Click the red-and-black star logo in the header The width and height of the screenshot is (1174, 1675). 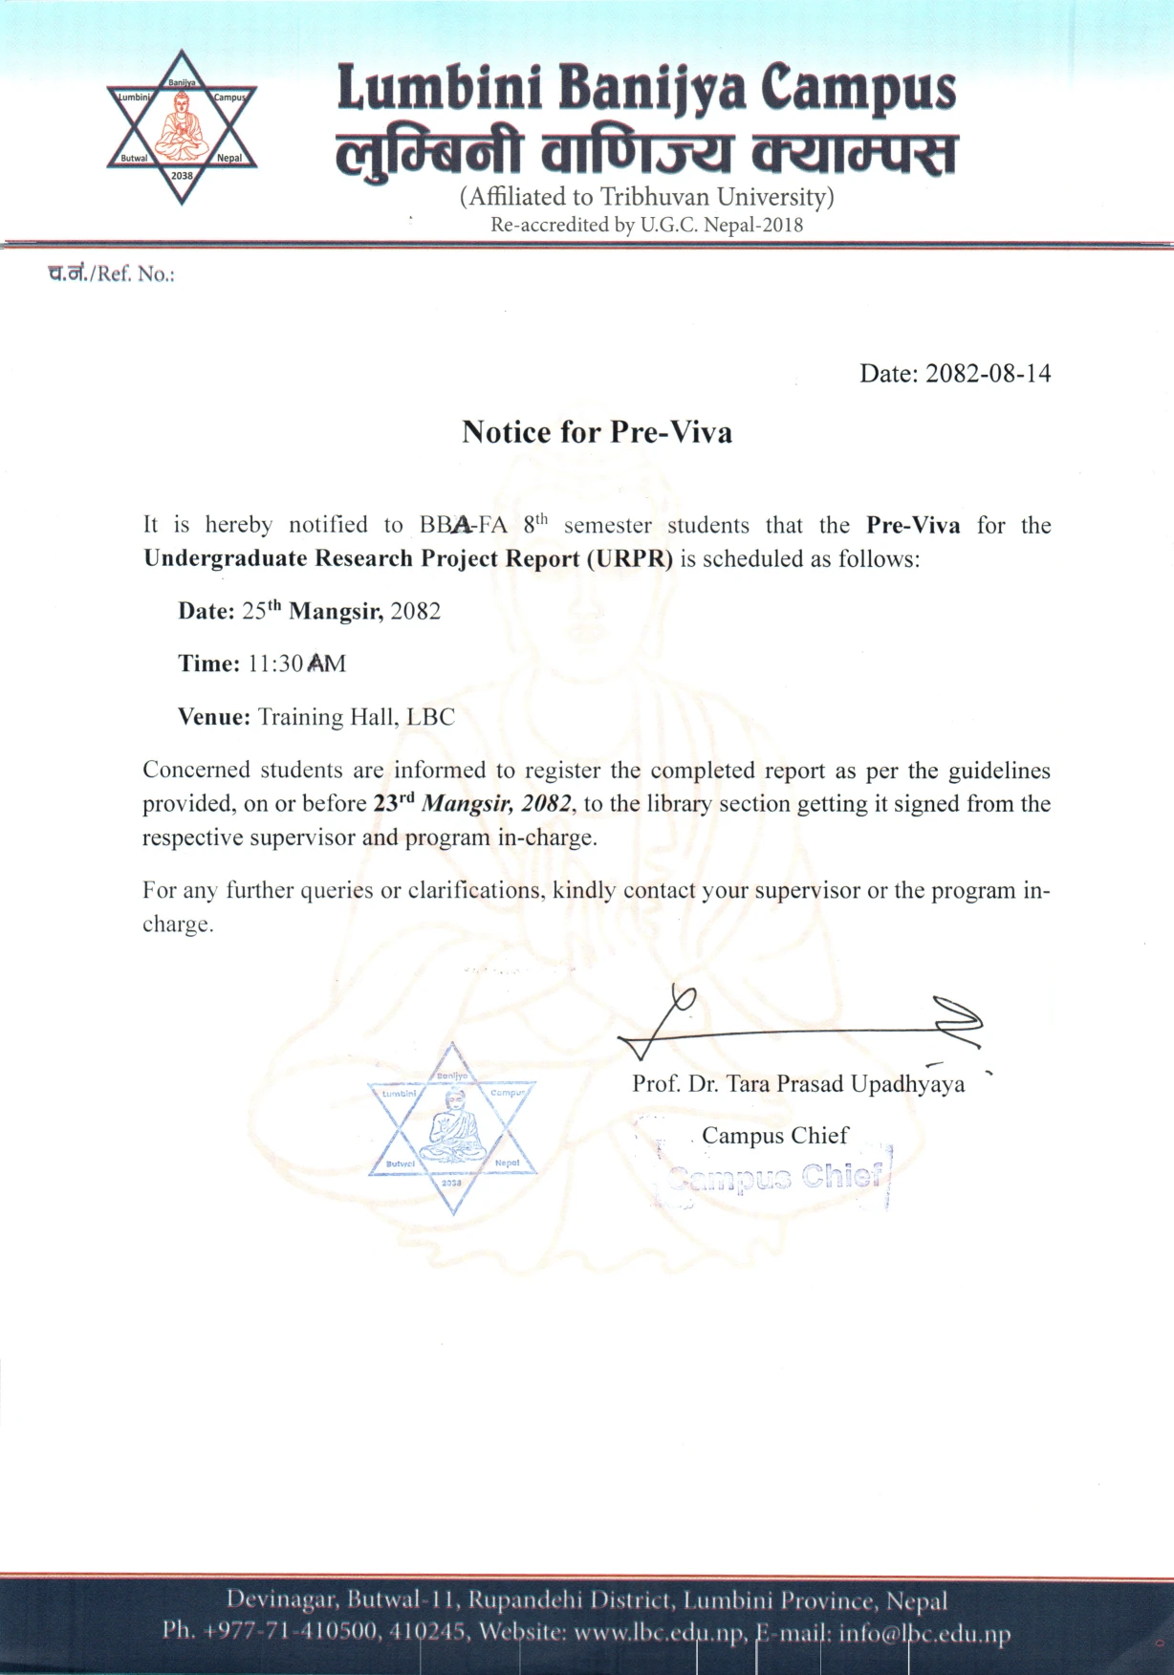pyautogui.click(x=182, y=127)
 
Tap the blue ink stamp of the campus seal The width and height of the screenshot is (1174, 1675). pyautogui.click(x=452, y=1129)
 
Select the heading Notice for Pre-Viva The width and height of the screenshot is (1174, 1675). pyautogui.click(x=597, y=432)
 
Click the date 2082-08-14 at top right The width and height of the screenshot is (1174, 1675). pyautogui.click(x=988, y=373)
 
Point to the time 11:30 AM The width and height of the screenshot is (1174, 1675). pyautogui.click(x=296, y=663)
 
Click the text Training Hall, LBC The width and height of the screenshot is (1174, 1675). pyautogui.click(x=357, y=717)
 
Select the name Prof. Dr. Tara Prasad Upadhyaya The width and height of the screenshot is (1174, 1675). pyautogui.click(x=798, y=1084)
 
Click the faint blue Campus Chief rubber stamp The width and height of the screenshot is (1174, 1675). pyautogui.click(x=774, y=1177)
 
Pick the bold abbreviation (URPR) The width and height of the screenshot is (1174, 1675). pyautogui.click(x=629, y=558)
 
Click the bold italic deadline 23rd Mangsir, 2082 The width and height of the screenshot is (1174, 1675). pyautogui.click(x=472, y=803)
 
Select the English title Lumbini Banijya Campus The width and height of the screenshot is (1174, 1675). pyautogui.click(x=646, y=89)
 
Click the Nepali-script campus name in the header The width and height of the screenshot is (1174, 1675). pyautogui.click(x=646, y=153)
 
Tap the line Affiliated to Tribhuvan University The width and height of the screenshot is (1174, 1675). pyautogui.click(x=646, y=197)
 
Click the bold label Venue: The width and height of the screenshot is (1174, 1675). pyautogui.click(x=214, y=717)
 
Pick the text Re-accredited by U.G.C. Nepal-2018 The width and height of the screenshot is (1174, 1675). pyautogui.click(x=646, y=226)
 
